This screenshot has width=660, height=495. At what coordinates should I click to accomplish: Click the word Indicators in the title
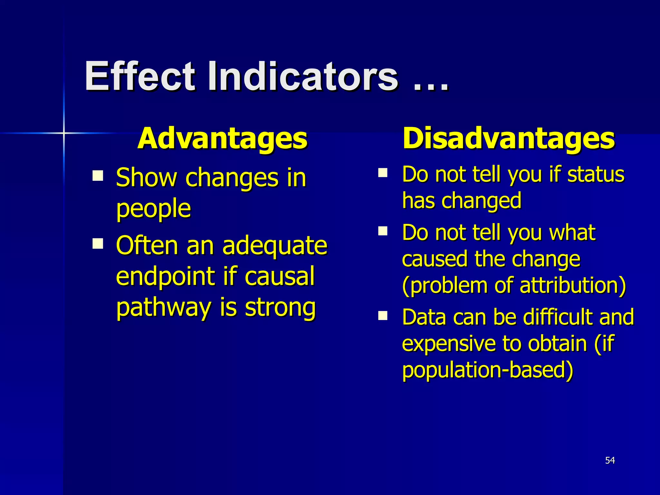pos(303,77)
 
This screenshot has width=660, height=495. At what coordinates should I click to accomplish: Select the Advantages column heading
pos(222,139)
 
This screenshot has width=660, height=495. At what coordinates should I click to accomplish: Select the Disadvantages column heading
pos(509,139)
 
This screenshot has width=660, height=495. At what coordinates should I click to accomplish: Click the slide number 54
pos(610,461)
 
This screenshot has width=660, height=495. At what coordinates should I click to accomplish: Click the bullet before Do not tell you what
pos(383,231)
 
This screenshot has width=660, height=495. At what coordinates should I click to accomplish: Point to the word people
pos(153,209)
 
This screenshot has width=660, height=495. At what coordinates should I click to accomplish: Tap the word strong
pos(280,308)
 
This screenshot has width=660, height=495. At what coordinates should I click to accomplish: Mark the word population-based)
pos(488,370)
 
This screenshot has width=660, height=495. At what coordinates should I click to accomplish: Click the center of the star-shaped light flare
pos(64,133)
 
